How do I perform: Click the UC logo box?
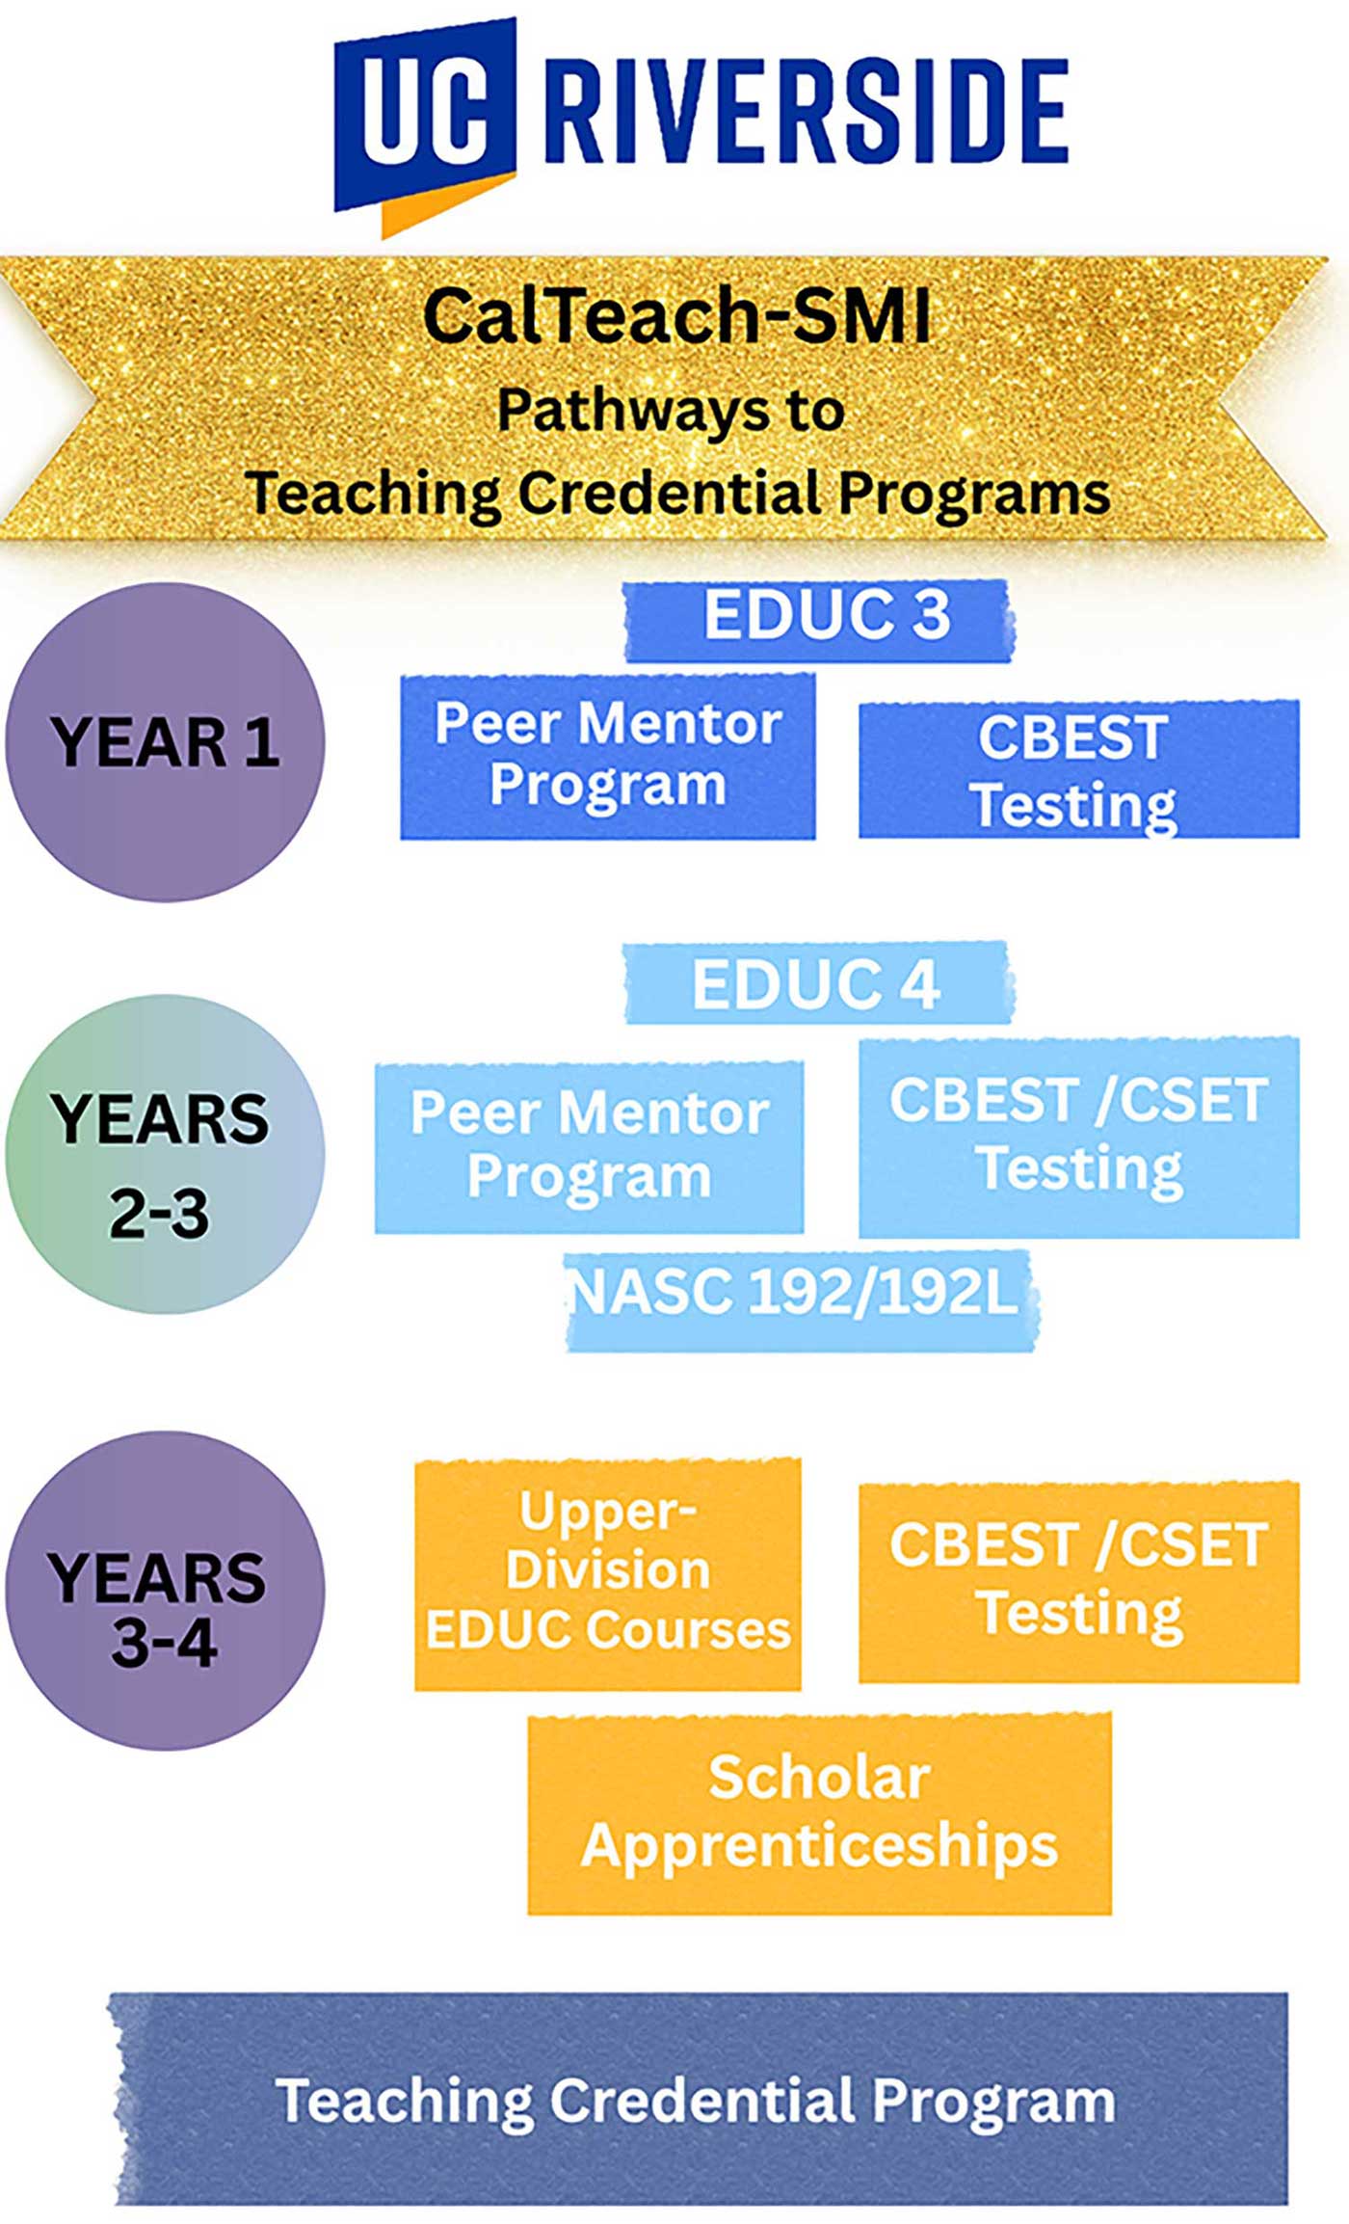pos(425,113)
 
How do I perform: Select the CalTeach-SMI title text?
pos(677,315)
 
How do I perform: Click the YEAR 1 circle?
pos(165,741)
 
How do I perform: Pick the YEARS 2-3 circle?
pos(165,1153)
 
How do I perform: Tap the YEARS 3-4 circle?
pos(165,1590)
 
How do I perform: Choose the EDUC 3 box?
pos(819,620)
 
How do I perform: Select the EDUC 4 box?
pos(818,982)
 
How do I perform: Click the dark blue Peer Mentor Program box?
pos(608,757)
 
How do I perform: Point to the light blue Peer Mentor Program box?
pos(589,1147)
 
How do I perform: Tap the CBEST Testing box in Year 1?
pos(1079,769)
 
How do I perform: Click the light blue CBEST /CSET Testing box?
pos(1079,1138)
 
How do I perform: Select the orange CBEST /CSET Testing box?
pos(1079,1582)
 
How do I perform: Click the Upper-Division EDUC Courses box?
pos(608,1574)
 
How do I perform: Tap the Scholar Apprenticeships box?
pos(820,1812)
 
